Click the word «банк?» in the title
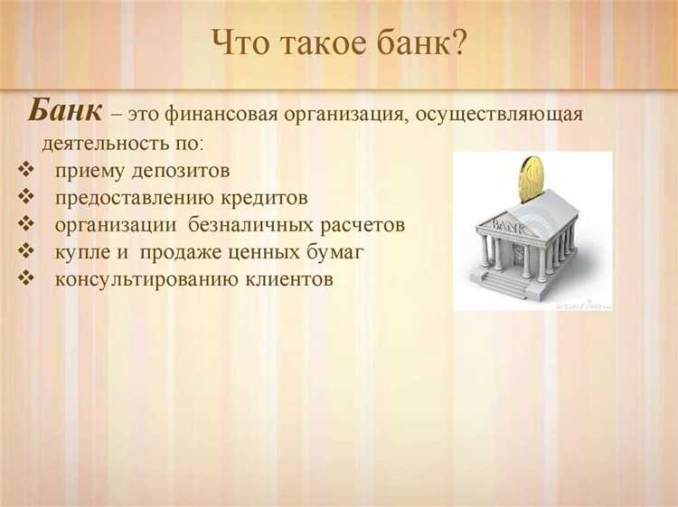coord(422,42)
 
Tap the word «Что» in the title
coord(240,42)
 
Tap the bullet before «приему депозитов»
coord(24,171)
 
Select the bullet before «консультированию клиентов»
coord(24,279)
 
